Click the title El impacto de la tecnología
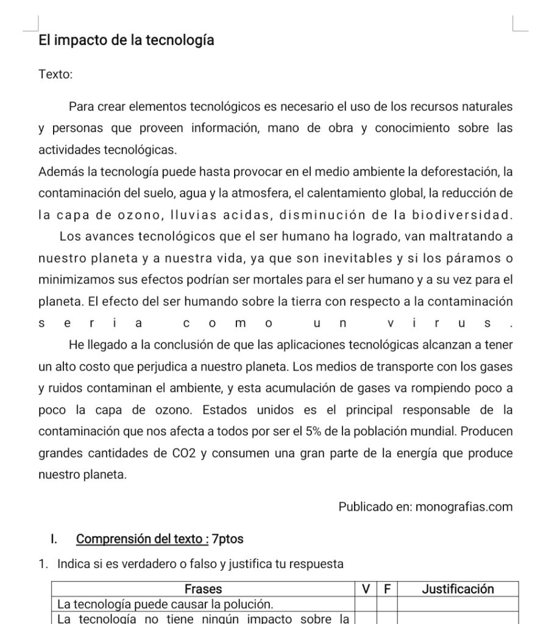[126, 41]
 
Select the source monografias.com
[464, 506]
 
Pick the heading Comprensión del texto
[141, 539]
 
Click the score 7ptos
[227, 539]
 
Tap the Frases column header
[203, 589]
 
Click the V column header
[366, 589]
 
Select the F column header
[387, 589]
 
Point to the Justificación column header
[458, 589]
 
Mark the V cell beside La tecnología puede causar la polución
[366, 604]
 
